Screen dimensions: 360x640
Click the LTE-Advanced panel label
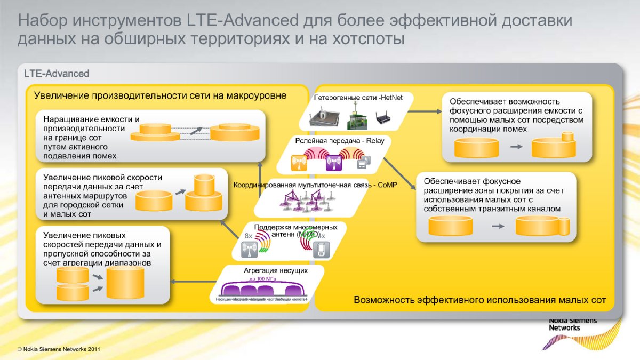click(x=57, y=73)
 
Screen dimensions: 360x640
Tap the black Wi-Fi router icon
click(x=383, y=117)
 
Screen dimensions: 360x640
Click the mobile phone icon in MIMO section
click(x=321, y=250)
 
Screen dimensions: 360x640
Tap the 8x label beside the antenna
click(x=248, y=236)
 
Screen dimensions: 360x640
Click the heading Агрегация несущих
click(x=276, y=270)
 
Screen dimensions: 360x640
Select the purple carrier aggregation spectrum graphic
click(x=265, y=289)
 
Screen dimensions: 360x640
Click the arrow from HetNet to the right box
click(x=425, y=111)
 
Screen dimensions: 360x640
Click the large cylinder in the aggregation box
click(x=125, y=283)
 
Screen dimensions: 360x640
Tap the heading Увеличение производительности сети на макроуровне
click(x=161, y=95)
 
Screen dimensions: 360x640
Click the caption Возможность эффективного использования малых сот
click(x=480, y=300)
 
